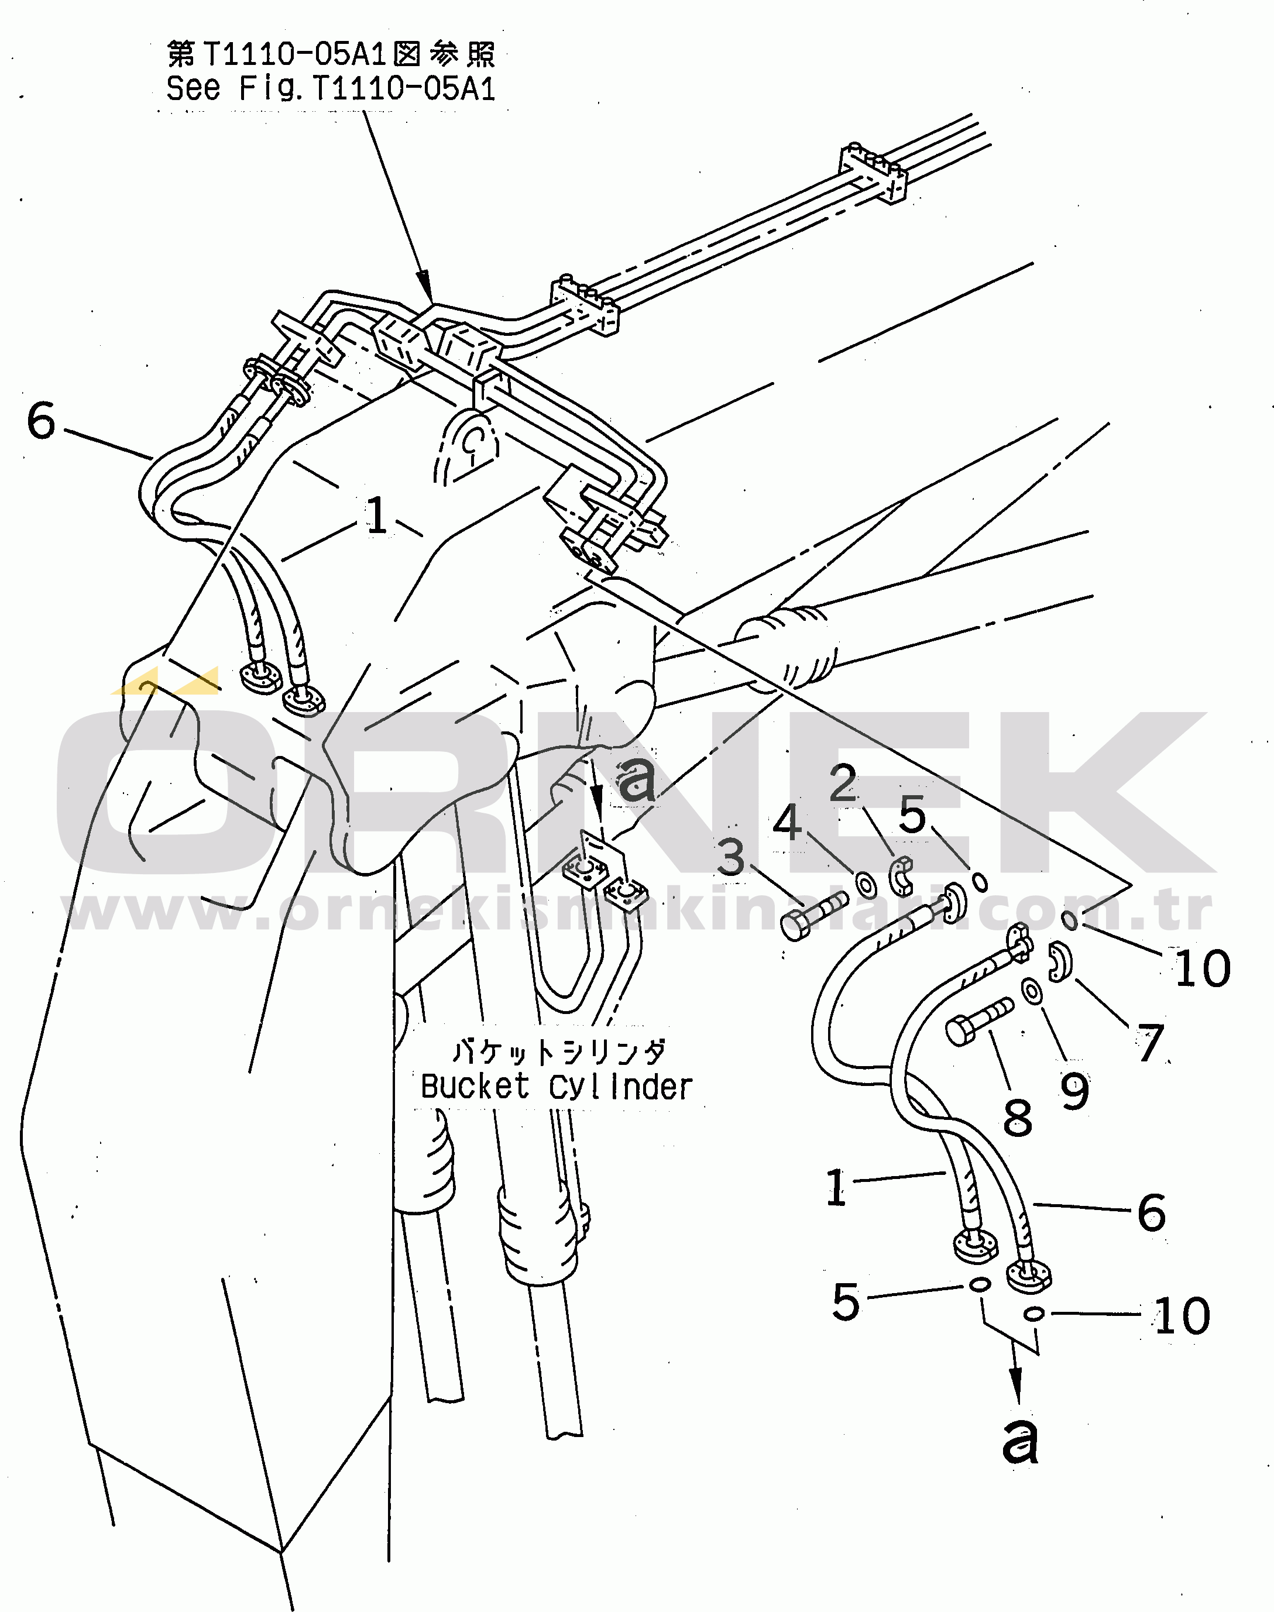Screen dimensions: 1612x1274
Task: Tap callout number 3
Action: click(731, 857)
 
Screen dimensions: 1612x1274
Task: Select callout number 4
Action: click(787, 823)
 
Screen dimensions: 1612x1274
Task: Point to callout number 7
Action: click(1150, 1042)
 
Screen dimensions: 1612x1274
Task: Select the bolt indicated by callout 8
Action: click(978, 1020)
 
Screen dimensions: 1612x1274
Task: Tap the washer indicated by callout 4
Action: click(867, 886)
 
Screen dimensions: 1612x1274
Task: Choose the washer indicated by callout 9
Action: click(1032, 992)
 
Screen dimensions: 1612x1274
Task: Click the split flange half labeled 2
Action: click(902, 876)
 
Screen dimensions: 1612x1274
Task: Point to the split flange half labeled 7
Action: click(1059, 963)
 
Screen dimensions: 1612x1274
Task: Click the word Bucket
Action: click(475, 1087)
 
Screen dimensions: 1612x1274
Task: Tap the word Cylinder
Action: click(620, 1088)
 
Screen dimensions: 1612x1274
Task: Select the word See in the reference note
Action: click(193, 89)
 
